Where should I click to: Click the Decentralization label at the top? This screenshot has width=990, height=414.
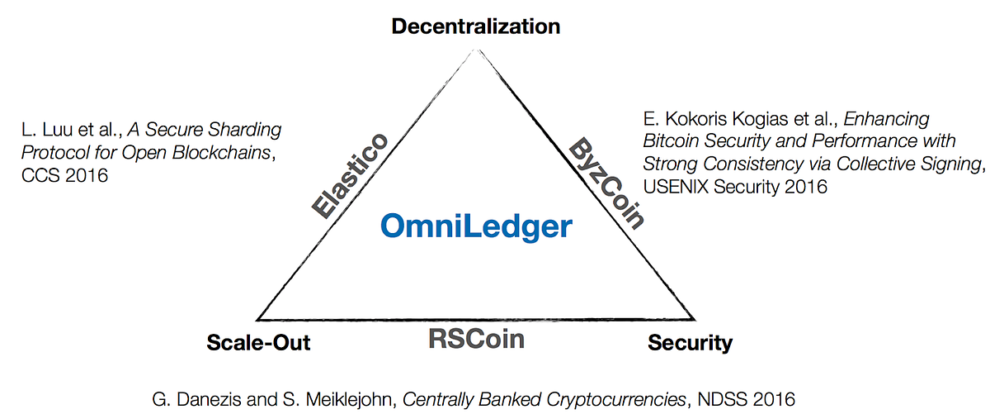pos(476,26)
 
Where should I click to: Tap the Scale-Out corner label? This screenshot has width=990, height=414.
pos(258,343)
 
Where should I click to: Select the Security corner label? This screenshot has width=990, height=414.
pos(690,343)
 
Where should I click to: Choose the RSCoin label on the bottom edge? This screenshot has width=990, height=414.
pos(476,339)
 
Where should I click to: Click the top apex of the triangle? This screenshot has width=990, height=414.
pos(476,49)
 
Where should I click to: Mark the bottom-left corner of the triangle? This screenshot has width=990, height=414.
pos(258,319)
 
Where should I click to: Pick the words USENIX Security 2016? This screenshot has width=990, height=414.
pos(734,186)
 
